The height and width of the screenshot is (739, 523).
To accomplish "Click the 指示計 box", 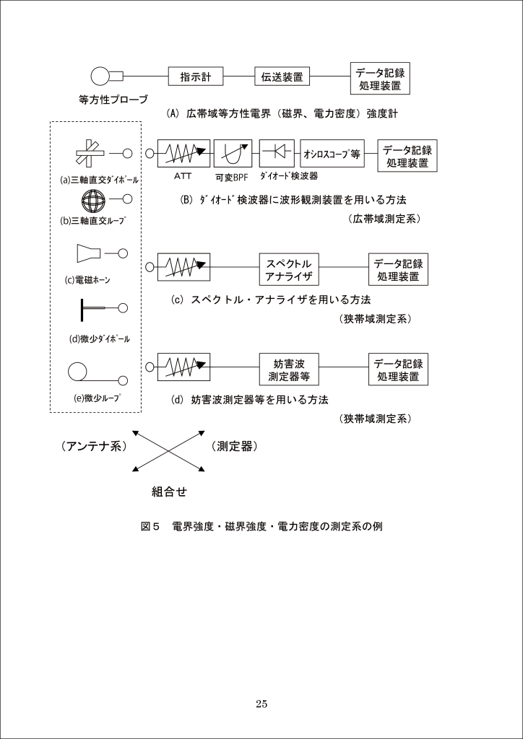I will point(195,77).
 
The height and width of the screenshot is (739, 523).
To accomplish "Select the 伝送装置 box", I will point(282,77).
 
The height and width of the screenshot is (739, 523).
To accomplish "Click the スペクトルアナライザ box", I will point(288,268).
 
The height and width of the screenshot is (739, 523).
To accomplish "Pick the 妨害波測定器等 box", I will point(288,369).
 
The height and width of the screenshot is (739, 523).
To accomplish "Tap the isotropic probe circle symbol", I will point(100,76).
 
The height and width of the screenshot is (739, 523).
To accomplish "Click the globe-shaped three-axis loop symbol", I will point(94,199).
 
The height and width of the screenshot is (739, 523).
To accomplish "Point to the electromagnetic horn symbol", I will point(89,253).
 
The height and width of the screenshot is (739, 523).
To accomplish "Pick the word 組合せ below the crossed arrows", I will point(169,492).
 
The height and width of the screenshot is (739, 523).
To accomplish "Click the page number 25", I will point(261,704).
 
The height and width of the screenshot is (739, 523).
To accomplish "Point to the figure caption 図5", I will point(150,527).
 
